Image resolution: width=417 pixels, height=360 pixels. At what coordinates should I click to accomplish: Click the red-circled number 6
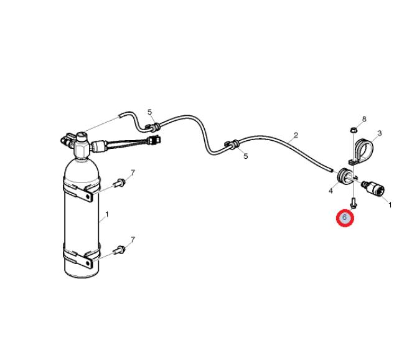pos(345,217)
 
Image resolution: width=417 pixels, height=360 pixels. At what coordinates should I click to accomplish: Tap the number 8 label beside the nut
pos(364,119)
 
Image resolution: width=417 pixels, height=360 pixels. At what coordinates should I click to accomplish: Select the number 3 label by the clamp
pos(380,133)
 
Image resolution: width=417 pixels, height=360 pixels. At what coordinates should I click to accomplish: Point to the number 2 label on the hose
pos(296,135)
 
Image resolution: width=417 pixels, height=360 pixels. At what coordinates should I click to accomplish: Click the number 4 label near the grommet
pos(330,191)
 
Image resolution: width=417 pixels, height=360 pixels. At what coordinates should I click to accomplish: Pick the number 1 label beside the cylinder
pos(107,214)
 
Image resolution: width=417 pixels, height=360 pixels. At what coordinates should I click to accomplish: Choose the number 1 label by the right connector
pos(390,205)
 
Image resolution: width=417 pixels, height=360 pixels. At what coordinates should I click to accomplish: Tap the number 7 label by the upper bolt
pos(133,173)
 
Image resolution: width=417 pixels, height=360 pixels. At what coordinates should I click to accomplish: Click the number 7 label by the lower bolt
pos(133,240)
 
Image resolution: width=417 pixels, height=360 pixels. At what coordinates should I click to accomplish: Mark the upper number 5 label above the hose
pos(150,112)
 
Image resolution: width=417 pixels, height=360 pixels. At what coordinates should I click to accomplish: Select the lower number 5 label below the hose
pos(245,156)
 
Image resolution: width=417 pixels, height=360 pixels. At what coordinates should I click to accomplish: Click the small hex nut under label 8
pos(353,130)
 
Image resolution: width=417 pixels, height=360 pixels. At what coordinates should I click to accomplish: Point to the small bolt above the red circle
pos(354,203)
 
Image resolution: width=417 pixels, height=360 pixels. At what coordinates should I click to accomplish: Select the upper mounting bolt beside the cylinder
pos(119,182)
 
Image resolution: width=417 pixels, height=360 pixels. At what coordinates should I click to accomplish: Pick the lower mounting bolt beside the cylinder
pos(119,250)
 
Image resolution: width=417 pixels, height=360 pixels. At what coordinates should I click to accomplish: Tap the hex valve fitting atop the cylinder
pos(82,147)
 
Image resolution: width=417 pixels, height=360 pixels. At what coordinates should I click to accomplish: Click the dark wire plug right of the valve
pos(154,140)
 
